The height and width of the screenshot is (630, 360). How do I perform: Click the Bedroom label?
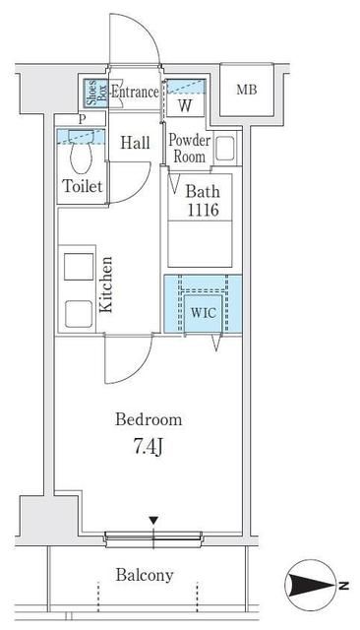(149, 419)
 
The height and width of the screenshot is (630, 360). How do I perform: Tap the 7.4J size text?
(148, 447)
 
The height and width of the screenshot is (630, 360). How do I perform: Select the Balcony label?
(145, 575)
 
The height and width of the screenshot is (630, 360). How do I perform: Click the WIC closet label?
(203, 313)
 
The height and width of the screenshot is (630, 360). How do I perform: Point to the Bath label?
(203, 191)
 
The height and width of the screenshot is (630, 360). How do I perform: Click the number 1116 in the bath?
(203, 210)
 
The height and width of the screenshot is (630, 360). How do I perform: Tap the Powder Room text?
(190, 149)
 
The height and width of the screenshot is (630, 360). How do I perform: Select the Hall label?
(136, 143)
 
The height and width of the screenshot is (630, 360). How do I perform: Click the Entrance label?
(135, 92)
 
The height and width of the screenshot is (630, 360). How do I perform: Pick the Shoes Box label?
(96, 94)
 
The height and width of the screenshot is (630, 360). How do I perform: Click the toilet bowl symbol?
(82, 152)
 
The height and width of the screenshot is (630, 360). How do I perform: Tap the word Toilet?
(83, 186)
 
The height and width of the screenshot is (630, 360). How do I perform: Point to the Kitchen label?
(106, 284)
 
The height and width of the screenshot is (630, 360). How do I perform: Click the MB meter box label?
(247, 90)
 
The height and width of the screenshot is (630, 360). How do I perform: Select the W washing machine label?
(185, 105)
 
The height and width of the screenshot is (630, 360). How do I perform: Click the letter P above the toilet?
(83, 119)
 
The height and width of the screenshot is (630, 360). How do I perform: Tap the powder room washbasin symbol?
(224, 149)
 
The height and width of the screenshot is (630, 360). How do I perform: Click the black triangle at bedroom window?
(153, 521)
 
